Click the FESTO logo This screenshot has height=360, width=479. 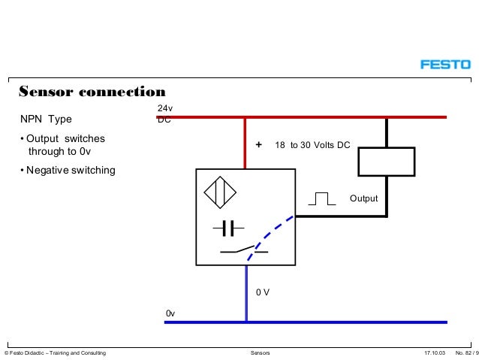pyautogui.click(x=444, y=65)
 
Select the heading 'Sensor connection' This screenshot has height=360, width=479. pyautogui.click(x=92, y=92)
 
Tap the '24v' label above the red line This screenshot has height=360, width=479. pyautogui.click(x=164, y=109)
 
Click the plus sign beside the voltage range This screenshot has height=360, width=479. pyautogui.click(x=259, y=145)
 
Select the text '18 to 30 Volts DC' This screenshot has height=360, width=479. pyautogui.click(x=312, y=145)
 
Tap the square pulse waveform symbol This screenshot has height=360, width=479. pyautogui.click(x=321, y=198)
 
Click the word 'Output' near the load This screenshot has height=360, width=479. pyautogui.click(x=363, y=198)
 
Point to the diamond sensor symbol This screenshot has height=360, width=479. pyautogui.click(x=219, y=192)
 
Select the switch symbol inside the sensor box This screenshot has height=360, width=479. pyautogui.click(x=242, y=250)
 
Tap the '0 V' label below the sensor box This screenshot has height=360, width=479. pyautogui.click(x=263, y=292)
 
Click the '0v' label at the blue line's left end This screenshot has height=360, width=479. pyautogui.click(x=170, y=312)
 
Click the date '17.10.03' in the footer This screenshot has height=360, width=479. pyautogui.click(x=435, y=352)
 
